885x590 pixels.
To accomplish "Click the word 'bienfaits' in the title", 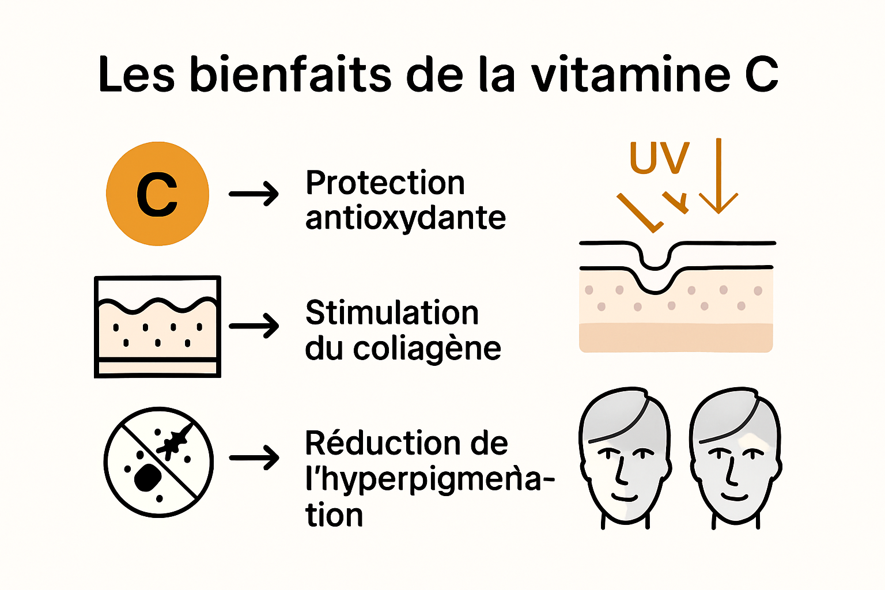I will tap(291, 74).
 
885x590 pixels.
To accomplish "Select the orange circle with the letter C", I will tap(157, 194).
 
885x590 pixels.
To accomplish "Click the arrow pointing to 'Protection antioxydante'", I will tap(254, 194).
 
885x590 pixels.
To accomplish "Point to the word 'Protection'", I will tap(385, 183).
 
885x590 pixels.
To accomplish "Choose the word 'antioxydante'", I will tap(406, 218).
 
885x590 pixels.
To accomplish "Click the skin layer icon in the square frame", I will tap(157, 326).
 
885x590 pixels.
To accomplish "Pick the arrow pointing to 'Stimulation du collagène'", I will tap(254, 326).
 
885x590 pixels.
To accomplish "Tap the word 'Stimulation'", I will tap(392, 313).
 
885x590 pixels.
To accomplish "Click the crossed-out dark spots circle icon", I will tap(158, 462).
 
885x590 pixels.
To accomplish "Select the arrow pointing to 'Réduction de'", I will tap(254, 458).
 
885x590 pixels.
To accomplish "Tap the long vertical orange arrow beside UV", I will tap(718, 176).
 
